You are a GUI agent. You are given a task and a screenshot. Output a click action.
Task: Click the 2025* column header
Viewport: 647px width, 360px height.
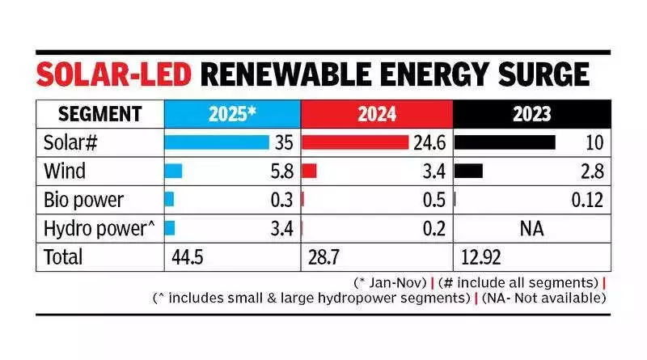click(232, 113)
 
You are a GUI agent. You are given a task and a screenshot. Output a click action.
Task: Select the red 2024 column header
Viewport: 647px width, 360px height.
click(376, 113)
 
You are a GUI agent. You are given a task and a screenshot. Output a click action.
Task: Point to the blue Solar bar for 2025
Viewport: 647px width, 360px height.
click(216, 142)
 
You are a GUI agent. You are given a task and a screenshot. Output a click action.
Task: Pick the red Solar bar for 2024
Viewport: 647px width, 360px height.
click(355, 142)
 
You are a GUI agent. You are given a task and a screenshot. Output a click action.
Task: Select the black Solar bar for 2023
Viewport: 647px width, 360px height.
click(505, 142)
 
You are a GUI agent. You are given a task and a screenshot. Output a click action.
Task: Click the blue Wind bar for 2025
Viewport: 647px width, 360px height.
click(173, 172)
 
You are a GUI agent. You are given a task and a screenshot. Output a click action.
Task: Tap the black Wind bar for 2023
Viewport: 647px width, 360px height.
click(469, 172)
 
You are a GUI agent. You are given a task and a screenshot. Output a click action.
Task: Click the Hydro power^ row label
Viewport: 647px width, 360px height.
click(99, 229)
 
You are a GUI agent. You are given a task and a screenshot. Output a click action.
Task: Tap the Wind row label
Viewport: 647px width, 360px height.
click(65, 172)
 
